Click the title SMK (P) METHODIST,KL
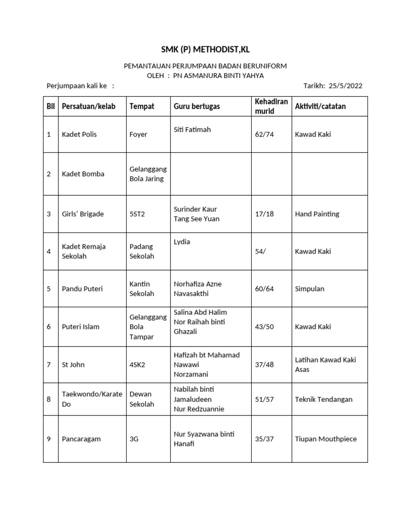(205, 50)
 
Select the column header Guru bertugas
(196, 106)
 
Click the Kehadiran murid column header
(271, 106)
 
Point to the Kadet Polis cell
(79, 134)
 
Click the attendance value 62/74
(264, 134)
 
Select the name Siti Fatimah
(192, 130)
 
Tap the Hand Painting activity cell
(316, 214)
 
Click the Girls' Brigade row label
(83, 214)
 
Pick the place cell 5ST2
(138, 214)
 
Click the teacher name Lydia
(182, 242)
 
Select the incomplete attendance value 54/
(261, 251)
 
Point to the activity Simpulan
(310, 289)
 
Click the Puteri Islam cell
(81, 326)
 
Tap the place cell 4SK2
(138, 364)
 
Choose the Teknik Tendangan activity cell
(324, 399)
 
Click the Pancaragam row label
(81, 439)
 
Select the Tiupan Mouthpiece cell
(326, 439)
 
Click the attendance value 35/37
(264, 439)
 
